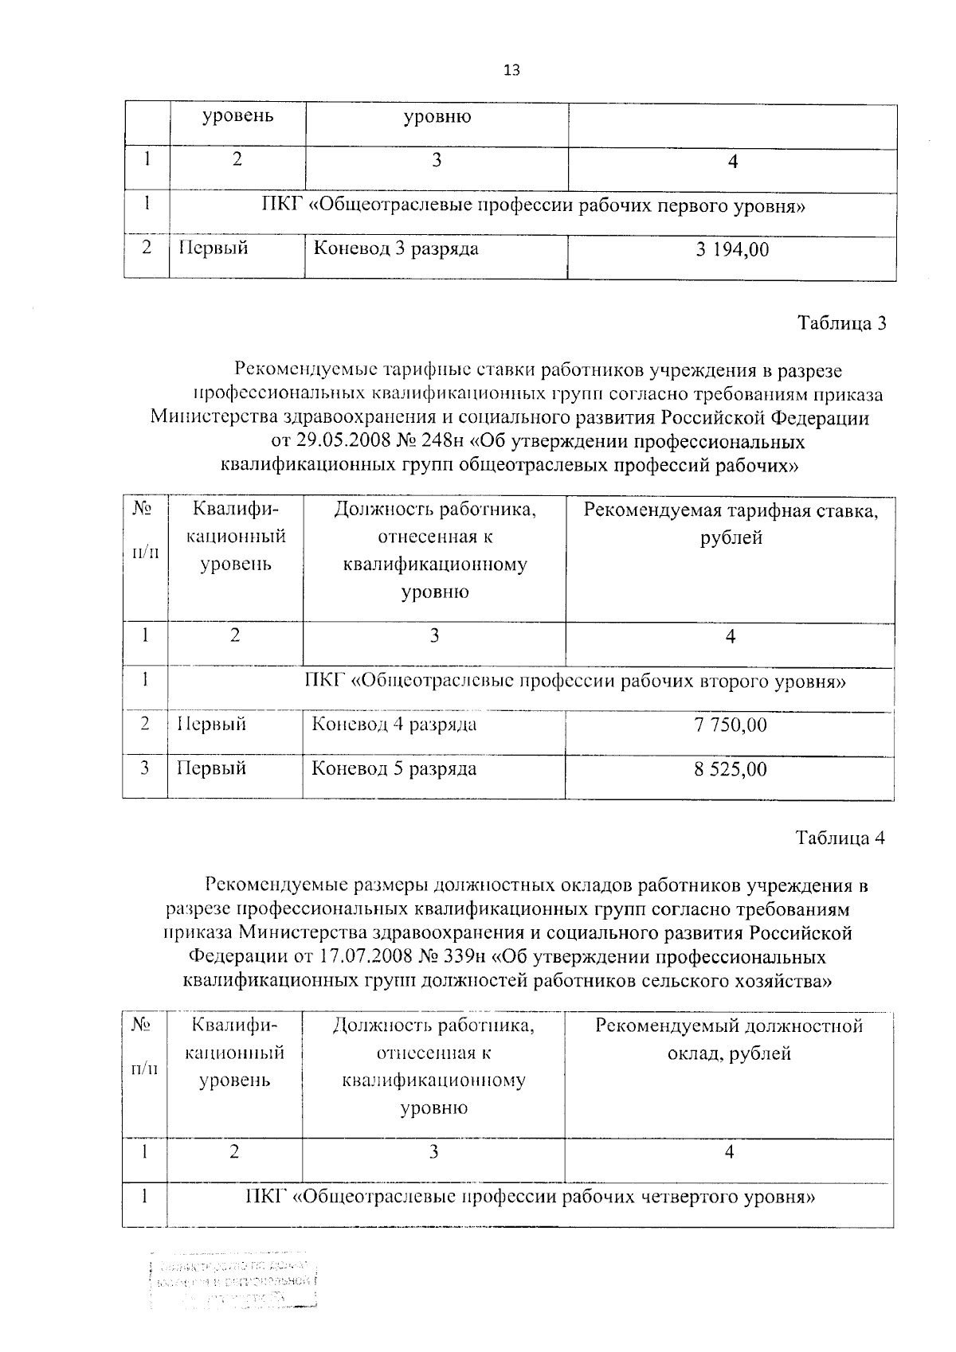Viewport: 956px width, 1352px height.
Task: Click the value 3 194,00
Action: click(731, 250)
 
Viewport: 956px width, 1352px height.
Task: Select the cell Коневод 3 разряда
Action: click(395, 248)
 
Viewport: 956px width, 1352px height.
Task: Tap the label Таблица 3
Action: click(842, 323)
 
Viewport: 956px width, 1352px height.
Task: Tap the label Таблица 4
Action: click(840, 838)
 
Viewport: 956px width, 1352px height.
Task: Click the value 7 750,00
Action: click(730, 725)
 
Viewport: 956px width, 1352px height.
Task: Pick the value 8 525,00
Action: click(730, 769)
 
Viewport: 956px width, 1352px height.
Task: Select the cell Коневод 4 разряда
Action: click(394, 725)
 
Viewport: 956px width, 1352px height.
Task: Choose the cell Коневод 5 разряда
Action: click(394, 769)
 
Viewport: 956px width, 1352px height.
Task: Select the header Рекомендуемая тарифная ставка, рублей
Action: click(731, 524)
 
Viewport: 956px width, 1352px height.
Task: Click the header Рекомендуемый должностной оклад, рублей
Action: click(729, 1039)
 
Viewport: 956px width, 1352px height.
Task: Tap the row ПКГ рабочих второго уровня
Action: click(575, 682)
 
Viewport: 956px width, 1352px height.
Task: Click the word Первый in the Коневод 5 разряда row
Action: click(211, 769)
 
